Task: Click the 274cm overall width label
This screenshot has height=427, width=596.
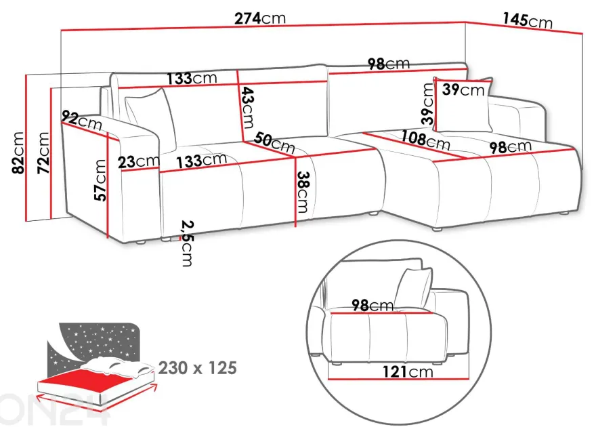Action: click(x=259, y=18)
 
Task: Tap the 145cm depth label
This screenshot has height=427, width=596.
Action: click(x=528, y=20)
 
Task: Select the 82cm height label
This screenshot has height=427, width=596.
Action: click(x=18, y=152)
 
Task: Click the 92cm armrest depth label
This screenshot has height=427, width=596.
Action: click(x=82, y=120)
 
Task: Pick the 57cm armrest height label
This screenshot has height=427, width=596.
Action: click(x=100, y=180)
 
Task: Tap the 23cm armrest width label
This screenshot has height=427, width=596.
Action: click(x=139, y=161)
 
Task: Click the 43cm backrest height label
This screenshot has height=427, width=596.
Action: click(x=247, y=108)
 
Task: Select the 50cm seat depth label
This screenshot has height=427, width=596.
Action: click(x=274, y=142)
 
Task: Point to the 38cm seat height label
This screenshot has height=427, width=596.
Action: click(x=303, y=192)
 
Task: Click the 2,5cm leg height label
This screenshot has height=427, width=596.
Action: click(x=187, y=243)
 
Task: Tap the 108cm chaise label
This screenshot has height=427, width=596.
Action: click(x=426, y=140)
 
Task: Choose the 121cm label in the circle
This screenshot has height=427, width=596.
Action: click(x=408, y=371)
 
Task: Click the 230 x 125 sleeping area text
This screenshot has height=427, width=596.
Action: click(x=198, y=368)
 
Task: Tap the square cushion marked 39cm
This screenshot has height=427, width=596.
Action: click(x=463, y=105)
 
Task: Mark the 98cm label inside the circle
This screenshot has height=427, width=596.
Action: click(x=372, y=305)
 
